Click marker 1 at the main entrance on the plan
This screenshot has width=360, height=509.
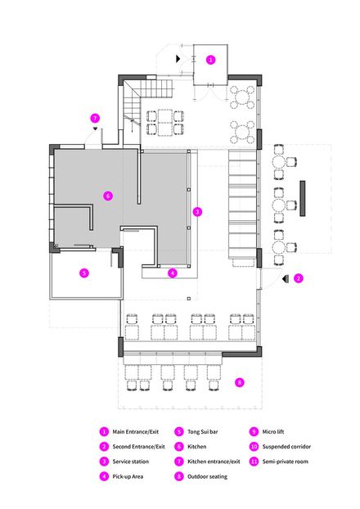tap(210, 59)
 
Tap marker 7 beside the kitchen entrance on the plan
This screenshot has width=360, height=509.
tap(95, 117)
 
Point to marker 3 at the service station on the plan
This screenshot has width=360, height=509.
tap(196, 211)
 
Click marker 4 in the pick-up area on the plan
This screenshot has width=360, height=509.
tap(172, 273)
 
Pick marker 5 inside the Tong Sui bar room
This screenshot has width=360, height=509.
tap(83, 273)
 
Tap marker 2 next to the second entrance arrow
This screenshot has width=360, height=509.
tap(298, 278)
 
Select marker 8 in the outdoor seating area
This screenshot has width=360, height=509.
tap(239, 382)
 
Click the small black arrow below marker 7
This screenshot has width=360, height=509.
tap(95, 128)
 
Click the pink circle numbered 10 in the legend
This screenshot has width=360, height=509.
tap(254, 447)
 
